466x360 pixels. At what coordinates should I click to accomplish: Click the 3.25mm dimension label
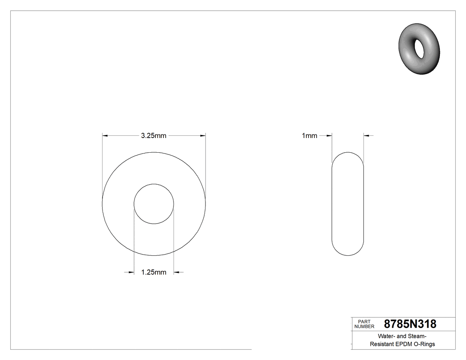(x=154, y=136)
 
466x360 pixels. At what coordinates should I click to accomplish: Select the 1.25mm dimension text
(x=154, y=272)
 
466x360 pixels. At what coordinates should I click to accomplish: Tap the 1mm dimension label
(x=309, y=136)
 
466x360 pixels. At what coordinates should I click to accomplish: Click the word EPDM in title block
(x=403, y=344)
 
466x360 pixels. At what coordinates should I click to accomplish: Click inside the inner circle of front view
(x=154, y=204)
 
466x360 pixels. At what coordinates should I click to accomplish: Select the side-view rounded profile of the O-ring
(x=348, y=204)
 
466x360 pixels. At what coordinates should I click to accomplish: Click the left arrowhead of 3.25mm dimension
(x=105, y=135)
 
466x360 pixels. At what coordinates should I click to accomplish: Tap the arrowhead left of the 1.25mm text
(x=131, y=272)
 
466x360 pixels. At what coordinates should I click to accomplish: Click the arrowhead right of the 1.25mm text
(x=176, y=272)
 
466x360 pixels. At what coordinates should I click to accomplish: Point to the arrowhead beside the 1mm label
(x=329, y=135)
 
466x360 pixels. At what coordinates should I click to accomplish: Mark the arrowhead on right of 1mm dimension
(x=367, y=135)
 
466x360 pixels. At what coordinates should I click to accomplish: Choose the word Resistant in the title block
(x=381, y=344)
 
